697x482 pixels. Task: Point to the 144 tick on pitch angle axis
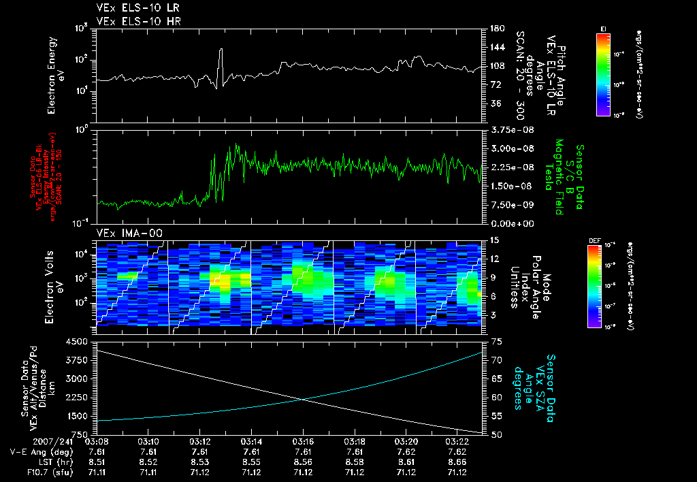(x=493, y=47)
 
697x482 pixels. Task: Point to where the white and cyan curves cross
(x=302, y=399)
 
